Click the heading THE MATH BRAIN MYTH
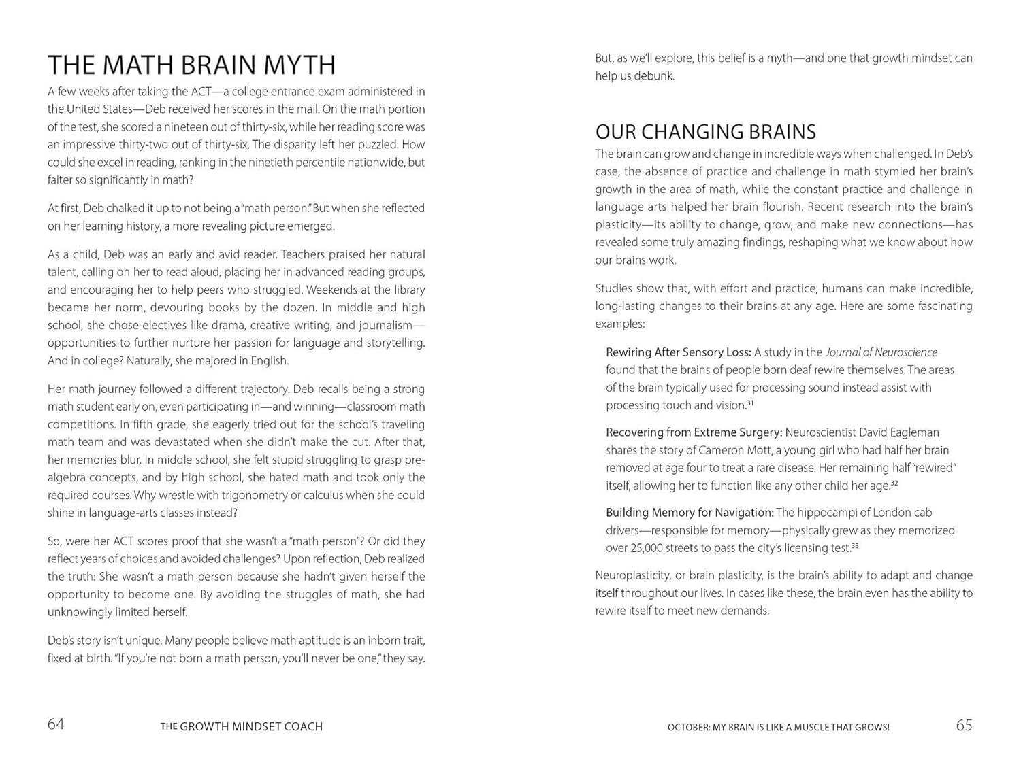(x=191, y=65)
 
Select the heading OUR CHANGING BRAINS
(x=705, y=131)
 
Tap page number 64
(x=56, y=725)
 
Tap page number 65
(x=964, y=726)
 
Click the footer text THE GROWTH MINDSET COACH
(x=242, y=727)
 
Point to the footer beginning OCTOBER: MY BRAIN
(x=778, y=728)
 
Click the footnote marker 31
(x=750, y=403)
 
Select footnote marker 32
(x=894, y=483)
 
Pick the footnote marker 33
(x=855, y=546)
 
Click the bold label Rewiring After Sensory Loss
(x=678, y=352)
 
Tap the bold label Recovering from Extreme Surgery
(x=694, y=432)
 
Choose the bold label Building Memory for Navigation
(x=690, y=513)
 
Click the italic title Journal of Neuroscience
(x=881, y=352)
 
